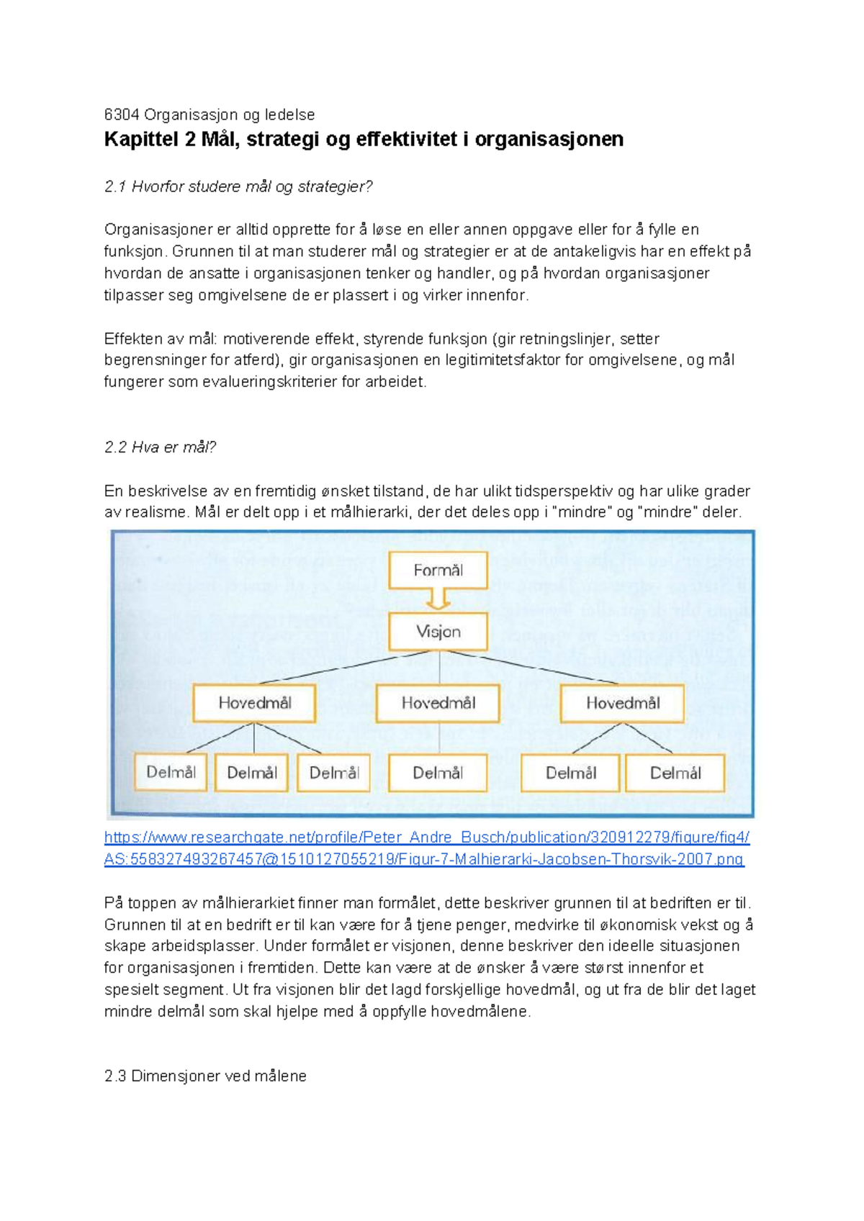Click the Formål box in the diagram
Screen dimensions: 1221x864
pyautogui.click(x=438, y=571)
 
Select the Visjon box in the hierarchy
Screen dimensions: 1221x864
pyautogui.click(x=438, y=632)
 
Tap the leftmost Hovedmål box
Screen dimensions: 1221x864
pyautogui.click(x=254, y=703)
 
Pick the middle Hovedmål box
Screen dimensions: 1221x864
pyautogui.click(x=438, y=703)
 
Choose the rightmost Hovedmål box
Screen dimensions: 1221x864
pyautogui.click(x=622, y=703)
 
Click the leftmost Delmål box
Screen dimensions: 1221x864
pyautogui.click(x=171, y=773)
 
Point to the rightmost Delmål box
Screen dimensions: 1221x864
pyautogui.click(x=675, y=773)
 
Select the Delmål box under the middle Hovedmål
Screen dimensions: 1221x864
pyautogui.click(x=437, y=773)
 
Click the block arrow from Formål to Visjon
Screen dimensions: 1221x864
pyautogui.click(x=438, y=599)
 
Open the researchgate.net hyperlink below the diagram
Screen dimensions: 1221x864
pyautogui.click(x=426, y=838)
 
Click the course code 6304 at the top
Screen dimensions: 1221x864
pyautogui.click(x=122, y=115)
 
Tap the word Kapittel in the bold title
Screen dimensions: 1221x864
pyautogui.click(x=141, y=140)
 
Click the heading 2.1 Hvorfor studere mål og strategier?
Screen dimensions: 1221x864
pyautogui.click(x=238, y=187)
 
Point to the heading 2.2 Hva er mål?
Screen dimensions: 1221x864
pyautogui.click(x=160, y=448)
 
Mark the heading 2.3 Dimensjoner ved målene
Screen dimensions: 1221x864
pyautogui.click(x=205, y=1076)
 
